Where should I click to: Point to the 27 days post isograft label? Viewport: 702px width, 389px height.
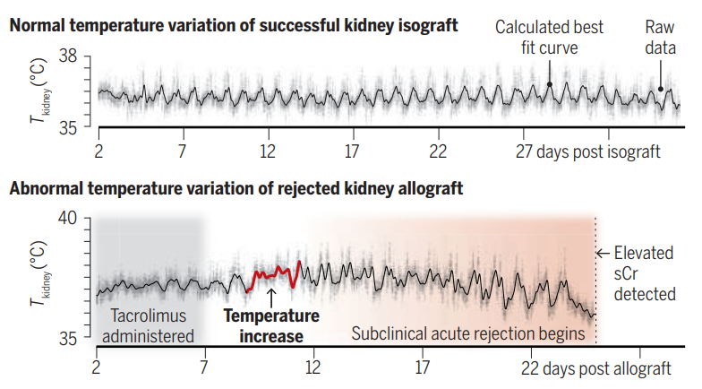coord(587,151)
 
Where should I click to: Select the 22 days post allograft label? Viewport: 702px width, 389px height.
coord(595,367)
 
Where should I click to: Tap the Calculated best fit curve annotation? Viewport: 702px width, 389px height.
coord(549,36)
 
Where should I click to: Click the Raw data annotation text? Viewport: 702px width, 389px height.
coord(660,36)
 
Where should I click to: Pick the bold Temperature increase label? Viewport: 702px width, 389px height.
coord(270,326)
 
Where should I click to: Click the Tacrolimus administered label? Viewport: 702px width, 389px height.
coord(150,326)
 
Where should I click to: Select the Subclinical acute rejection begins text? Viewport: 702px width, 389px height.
coord(467,334)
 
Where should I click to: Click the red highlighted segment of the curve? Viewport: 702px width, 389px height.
coord(271,272)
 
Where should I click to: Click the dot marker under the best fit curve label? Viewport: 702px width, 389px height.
coord(549,85)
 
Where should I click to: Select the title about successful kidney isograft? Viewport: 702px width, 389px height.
coord(234,25)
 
